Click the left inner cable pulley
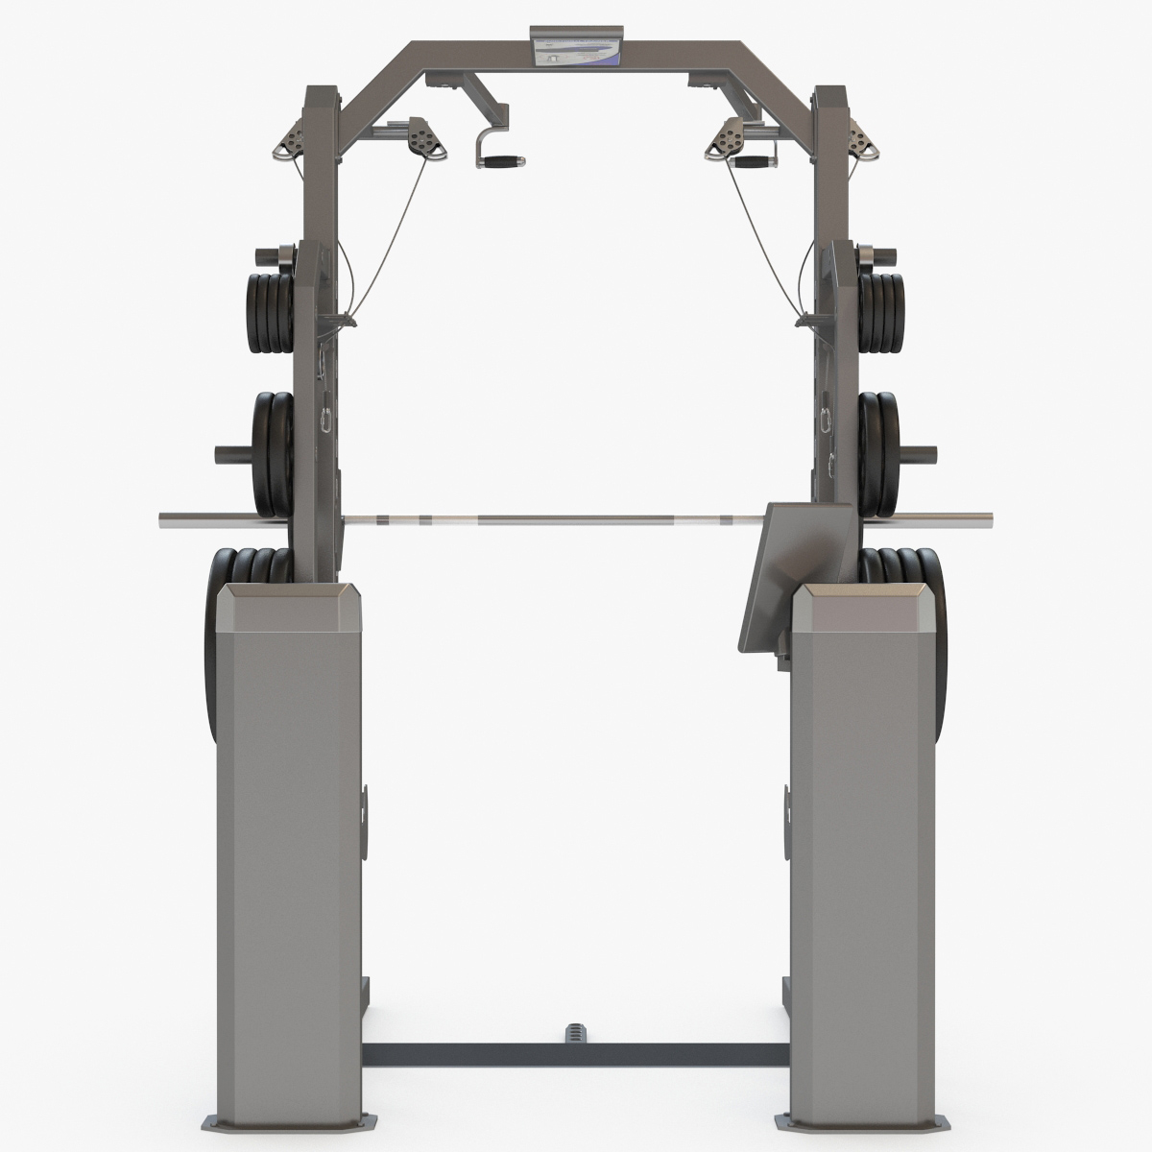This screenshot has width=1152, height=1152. [x=421, y=136]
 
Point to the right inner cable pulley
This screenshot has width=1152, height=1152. [x=728, y=137]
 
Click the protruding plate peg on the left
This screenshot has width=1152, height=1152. [x=232, y=450]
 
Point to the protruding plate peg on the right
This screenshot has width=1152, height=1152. [x=918, y=450]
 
